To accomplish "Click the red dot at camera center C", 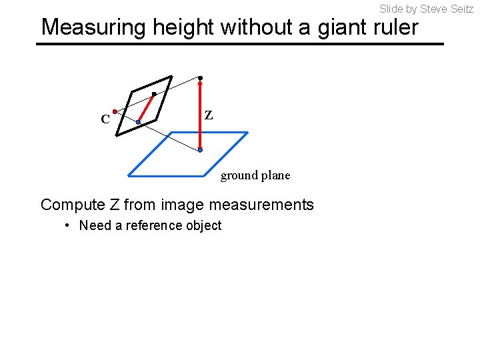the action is coord(115,111).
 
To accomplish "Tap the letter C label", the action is coord(105,120).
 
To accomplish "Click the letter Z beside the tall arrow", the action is coord(209,115).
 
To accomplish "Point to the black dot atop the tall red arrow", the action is coord(200,78).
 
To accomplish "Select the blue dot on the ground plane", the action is coord(200,151).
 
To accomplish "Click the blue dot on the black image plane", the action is coord(138,122).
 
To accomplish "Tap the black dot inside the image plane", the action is coord(153,94).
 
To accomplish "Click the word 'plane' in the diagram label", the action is coord(276,175).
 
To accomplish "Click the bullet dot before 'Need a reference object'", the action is coord(67,225).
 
